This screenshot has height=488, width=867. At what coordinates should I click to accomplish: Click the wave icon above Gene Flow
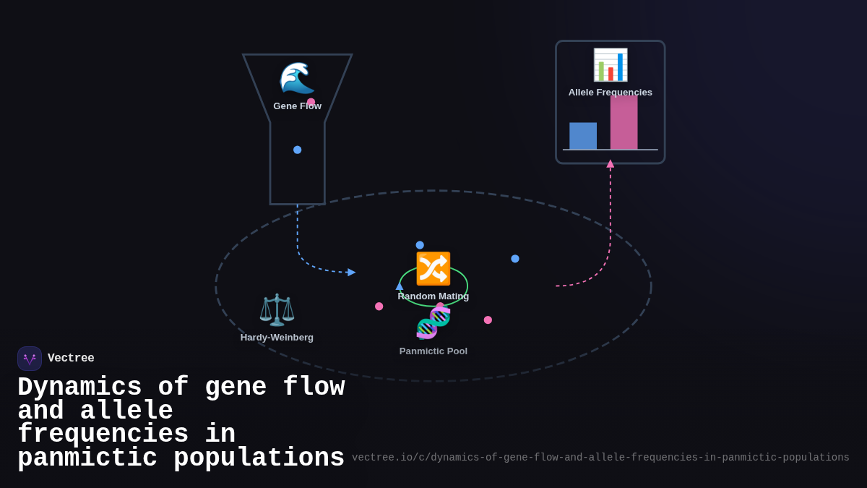[x=297, y=78]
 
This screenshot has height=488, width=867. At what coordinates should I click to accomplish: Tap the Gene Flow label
[x=297, y=106]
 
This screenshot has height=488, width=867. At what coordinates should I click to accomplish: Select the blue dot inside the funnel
[x=297, y=150]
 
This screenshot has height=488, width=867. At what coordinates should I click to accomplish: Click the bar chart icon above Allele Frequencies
[x=610, y=65]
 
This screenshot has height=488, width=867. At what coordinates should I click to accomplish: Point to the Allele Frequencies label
[x=610, y=93]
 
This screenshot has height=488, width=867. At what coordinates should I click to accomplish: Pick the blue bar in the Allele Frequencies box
[x=583, y=136]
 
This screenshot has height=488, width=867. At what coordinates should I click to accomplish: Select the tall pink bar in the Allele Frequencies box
[x=624, y=123]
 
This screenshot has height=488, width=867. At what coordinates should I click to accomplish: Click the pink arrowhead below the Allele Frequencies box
[x=611, y=164]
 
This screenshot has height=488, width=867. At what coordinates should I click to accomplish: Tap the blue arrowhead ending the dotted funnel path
[x=351, y=273]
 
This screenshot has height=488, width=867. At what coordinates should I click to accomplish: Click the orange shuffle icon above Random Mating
[x=433, y=269]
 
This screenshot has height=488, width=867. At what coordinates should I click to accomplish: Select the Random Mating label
[x=433, y=296]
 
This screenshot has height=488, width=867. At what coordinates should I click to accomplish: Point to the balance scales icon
[x=277, y=310]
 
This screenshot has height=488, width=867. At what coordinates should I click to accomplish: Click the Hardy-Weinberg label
[x=277, y=338]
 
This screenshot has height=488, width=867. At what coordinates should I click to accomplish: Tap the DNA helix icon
[x=433, y=323]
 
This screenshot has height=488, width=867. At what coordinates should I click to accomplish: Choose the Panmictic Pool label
[x=433, y=351]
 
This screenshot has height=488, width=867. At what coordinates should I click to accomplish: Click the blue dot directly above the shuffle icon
[x=420, y=245]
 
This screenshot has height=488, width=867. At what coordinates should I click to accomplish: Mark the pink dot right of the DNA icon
[x=488, y=320]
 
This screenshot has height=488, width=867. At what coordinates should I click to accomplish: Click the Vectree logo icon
[x=30, y=359]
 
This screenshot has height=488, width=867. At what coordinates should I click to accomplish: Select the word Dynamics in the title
[x=79, y=388]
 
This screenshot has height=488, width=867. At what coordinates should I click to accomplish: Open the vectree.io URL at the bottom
[x=600, y=458]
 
